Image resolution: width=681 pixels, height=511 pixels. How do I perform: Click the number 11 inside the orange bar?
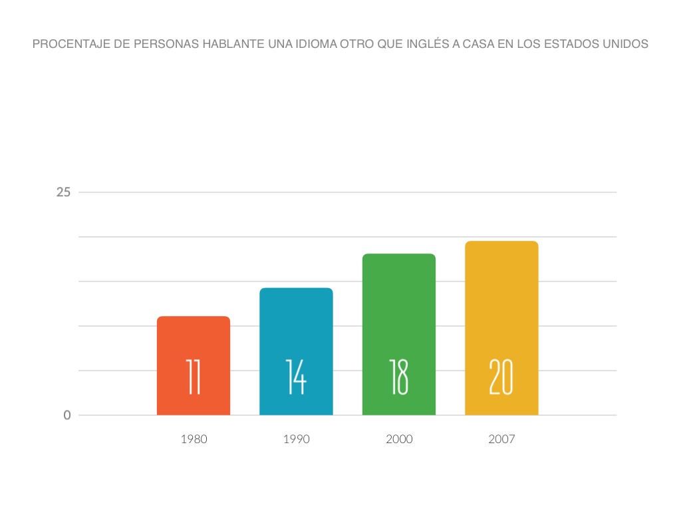click(194, 377)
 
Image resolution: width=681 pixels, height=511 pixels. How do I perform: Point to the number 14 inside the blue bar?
click(296, 377)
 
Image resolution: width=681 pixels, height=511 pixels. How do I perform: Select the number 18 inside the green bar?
click(399, 377)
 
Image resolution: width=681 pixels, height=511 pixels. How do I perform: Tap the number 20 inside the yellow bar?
click(501, 377)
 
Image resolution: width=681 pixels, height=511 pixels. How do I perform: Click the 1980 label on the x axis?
click(194, 439)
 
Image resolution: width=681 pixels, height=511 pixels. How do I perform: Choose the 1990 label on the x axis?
click(296, 439)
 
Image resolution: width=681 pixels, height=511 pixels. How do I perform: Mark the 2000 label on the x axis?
click(399, 439)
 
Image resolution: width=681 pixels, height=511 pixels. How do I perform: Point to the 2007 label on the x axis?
click(501, 439)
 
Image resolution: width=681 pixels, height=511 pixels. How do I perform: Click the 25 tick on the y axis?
click(63, 192)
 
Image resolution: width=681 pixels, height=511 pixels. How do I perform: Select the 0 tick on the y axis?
click(67, 415)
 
